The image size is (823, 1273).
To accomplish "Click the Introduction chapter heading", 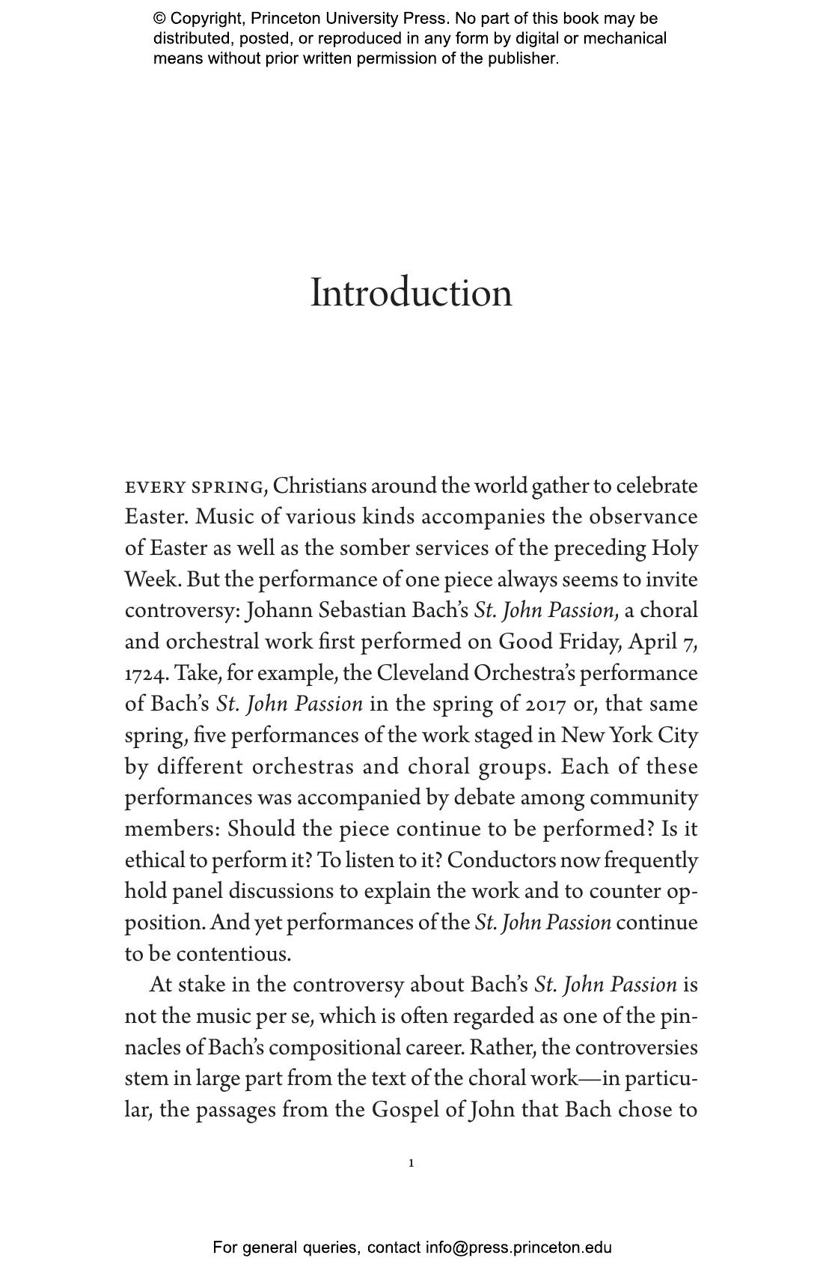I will [x=411, y=293].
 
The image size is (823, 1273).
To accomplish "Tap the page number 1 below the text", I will [x=411, y=1163].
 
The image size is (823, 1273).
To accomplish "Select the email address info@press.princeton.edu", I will [x=518, y=1248].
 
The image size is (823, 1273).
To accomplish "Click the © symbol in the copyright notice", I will [x=159, y=19].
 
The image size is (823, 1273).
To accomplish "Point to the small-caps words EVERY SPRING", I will [x=195, y=487].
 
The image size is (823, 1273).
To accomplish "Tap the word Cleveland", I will [x=422, y=673].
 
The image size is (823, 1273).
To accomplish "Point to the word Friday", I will [x=587, y=642].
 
